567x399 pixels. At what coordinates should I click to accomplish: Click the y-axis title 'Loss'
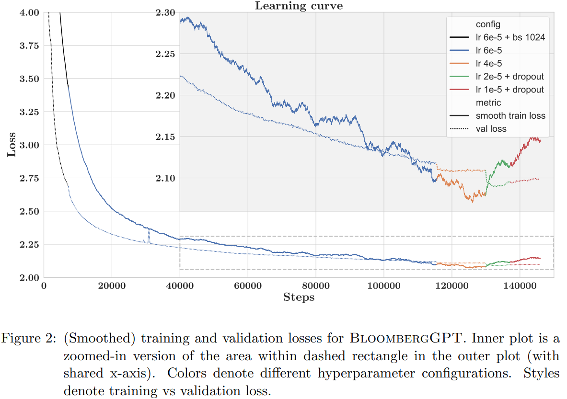pos(11,145)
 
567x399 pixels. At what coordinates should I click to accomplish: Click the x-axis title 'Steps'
pos(299,297)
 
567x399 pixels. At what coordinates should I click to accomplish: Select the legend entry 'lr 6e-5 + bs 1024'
pos(510,37)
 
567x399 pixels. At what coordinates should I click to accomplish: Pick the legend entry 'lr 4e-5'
pos(489,63)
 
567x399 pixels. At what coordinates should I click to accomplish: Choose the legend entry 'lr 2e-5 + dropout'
pos(509,76)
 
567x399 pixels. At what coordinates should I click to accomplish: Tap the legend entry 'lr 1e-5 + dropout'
pos(509,90)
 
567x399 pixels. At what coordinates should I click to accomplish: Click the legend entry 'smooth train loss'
pos(510,115)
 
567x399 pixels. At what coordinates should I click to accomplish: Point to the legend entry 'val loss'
pos(491,128)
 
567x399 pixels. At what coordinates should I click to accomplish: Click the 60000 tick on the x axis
pos(248,286)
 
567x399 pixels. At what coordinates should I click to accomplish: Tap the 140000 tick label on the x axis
pos(520,286)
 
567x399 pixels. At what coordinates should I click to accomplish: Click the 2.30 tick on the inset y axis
pos(165,12)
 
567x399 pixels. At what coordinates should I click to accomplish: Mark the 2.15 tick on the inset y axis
pos(165,137)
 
